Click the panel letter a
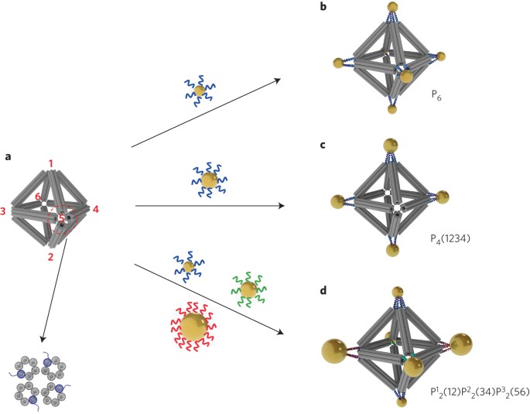[x=9, y=157]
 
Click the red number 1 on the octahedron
[x=51, y=163]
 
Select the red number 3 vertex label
[x=5, y=211]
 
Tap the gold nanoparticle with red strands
[x=194, y=327]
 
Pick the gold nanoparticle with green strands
[x=248, y=289]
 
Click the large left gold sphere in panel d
[x=337, y=354]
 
